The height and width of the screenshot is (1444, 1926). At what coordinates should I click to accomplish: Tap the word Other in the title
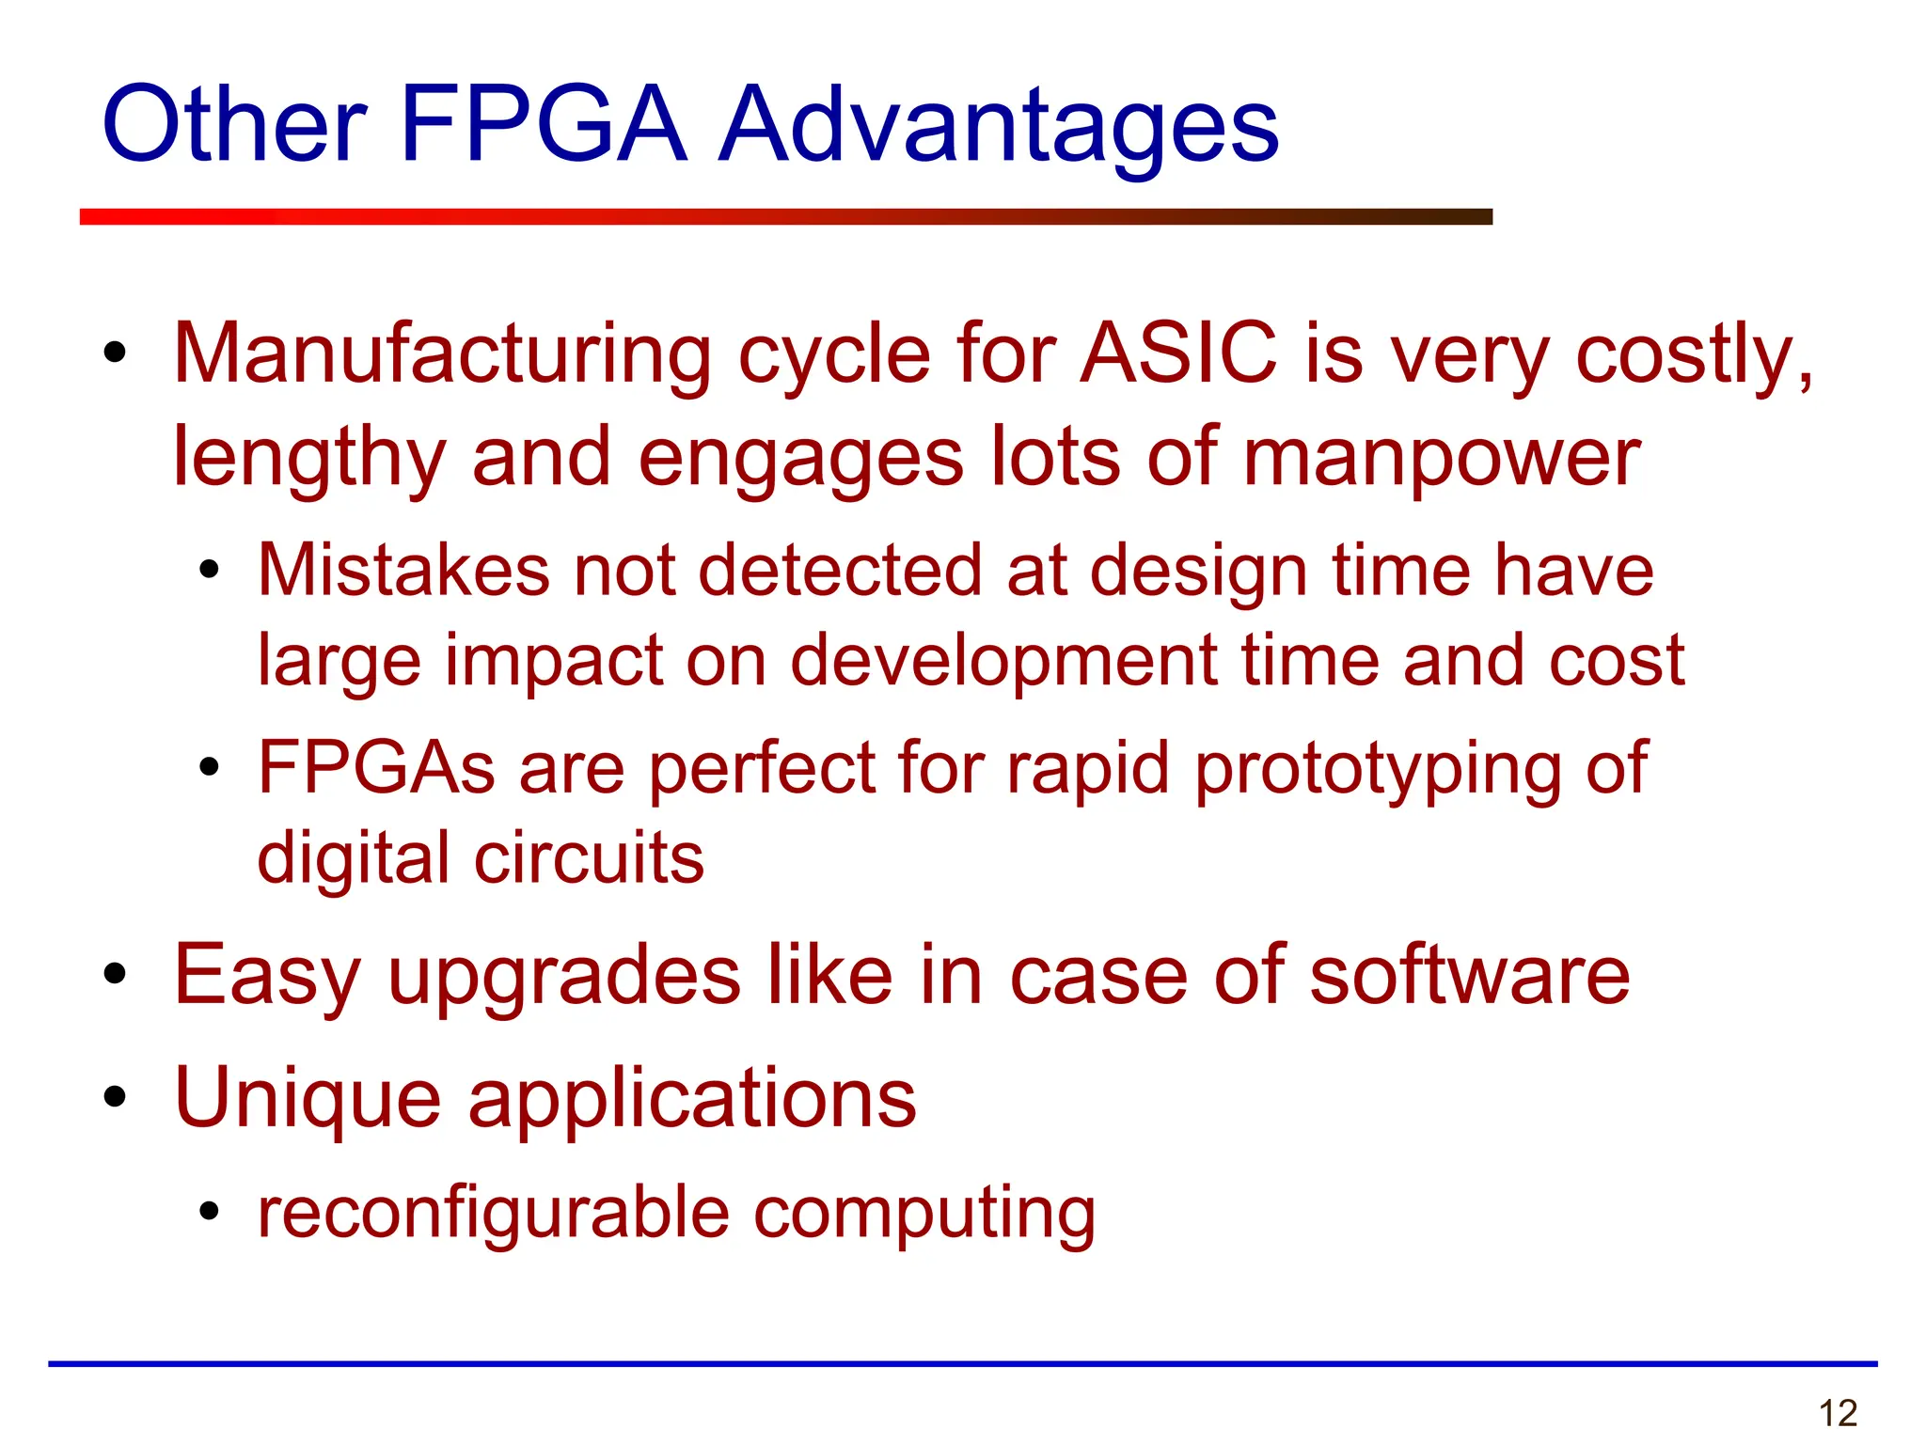click(x=234, y=124)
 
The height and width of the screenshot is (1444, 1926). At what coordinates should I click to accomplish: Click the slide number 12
click(x=1838, y=1413)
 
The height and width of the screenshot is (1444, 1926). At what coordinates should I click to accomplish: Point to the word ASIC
click(x=1178, y=353)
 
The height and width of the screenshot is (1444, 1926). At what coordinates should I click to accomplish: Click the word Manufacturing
click(x=442, y=353)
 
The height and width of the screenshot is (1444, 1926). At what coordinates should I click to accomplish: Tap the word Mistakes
click(x=403, y=570)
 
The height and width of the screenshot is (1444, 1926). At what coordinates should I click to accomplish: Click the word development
click(x=1003, y=662)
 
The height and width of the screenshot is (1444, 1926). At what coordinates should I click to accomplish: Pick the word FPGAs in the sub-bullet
click(x=376, y=767)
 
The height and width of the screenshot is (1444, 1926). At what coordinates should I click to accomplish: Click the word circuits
click(x=589, y=857)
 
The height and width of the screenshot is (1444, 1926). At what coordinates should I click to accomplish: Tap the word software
click(x=1469, y=976)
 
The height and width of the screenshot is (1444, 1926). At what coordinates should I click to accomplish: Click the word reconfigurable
click(x=494, y=1213)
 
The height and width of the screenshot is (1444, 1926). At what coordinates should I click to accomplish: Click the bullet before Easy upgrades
click(x=115, y=976)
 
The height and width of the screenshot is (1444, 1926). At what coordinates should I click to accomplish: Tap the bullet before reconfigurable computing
click(x=209, y=1213)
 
